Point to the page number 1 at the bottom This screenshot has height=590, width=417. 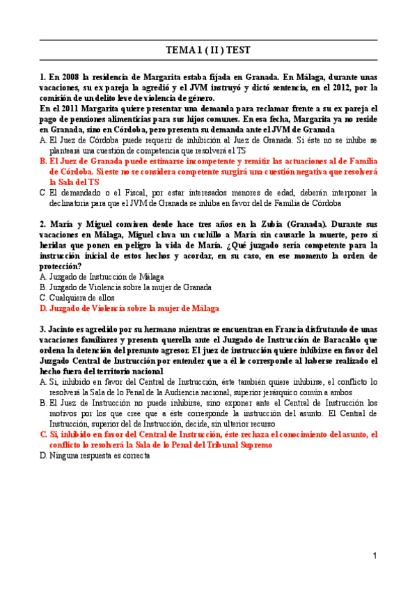click(x=375, y=556)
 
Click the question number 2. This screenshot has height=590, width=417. click(x=42, y=224)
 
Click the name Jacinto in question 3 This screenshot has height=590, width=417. click(x=63, y=328)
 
